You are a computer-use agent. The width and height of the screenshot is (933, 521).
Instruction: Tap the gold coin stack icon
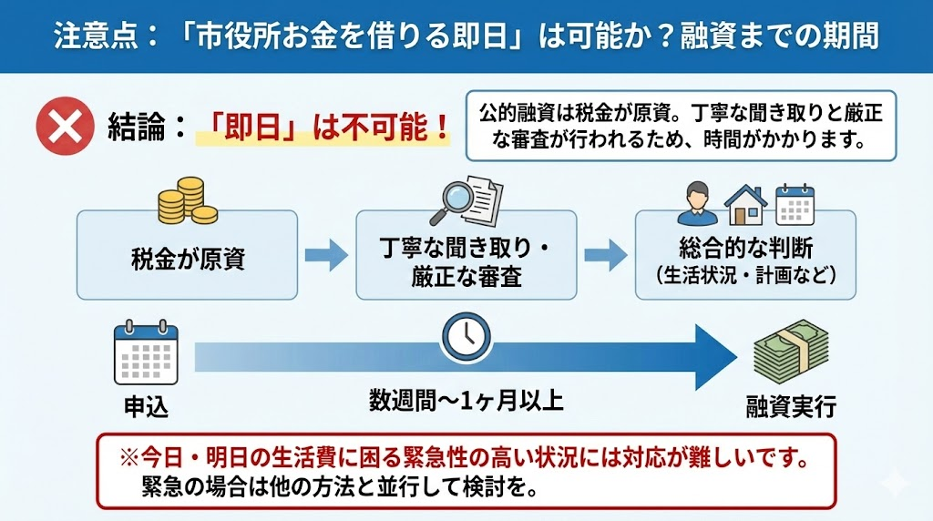pyautogui.click(x=187, y=201)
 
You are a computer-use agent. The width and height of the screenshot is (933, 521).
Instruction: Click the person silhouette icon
pyautogui.click(x=697, y=204)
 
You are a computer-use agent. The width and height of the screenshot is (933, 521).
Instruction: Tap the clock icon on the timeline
pyautogui.click(x=466, y=335)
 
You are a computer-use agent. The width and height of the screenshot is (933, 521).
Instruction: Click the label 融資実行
pyautogui.click(x=791, y=405)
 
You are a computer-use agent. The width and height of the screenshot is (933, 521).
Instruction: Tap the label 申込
pyautogui.click(x=146, y=406)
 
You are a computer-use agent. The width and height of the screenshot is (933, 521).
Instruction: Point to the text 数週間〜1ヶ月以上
pyautogui.click(x=466, y=401)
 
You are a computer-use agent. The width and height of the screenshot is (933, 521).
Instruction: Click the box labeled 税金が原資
pyautogui.click(x=187, y=258)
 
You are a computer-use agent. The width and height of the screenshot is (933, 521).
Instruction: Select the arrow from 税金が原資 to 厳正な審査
pyautogui.click(x=326, y=256)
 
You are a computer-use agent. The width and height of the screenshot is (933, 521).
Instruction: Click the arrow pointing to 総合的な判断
pyautogui.click(x=606, y=256)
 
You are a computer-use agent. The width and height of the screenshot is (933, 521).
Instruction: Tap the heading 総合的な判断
pyautogui.click(x=745, y=248)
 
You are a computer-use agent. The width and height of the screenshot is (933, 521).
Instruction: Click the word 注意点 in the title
pyautogui.click(x=89, y=36)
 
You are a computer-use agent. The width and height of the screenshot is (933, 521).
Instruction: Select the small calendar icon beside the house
pyautogui.click(x=794, y=204)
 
